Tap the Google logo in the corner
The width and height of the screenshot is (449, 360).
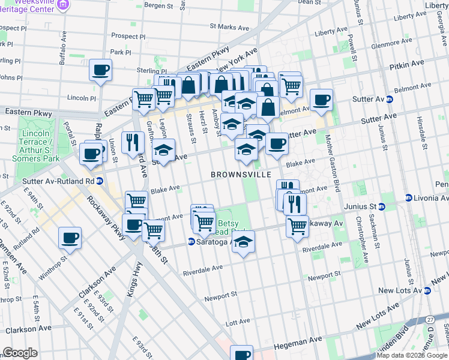click(x=20, y=353)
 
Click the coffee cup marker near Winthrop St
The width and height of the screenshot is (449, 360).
click(x=70, y=238)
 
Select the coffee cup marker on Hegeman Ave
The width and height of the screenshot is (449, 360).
click(x=242, y=354)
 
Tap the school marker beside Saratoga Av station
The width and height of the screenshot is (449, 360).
click(x=243, y=242)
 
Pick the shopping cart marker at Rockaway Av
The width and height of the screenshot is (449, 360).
click(x=297, y=227)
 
